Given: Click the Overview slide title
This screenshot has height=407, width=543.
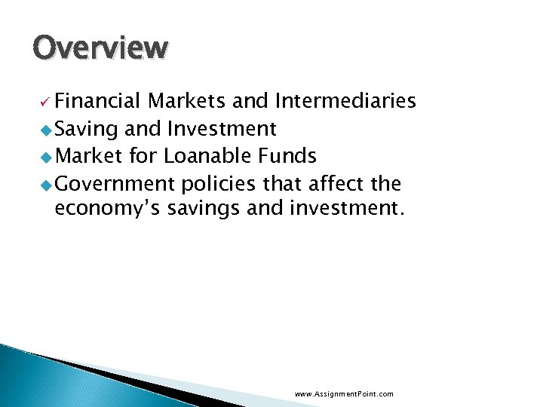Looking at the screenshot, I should click(x=100, y=47).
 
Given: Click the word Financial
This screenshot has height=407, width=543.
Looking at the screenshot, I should click(x=97, y=102).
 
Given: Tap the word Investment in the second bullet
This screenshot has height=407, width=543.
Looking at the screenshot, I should click(x=222, y=130).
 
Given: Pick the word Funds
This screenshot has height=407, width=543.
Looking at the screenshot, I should click(x=287, y=157).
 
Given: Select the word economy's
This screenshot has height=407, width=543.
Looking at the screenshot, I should click(x=106, y=209).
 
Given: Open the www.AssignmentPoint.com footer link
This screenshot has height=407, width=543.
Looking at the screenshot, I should click(x=344, y=394).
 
